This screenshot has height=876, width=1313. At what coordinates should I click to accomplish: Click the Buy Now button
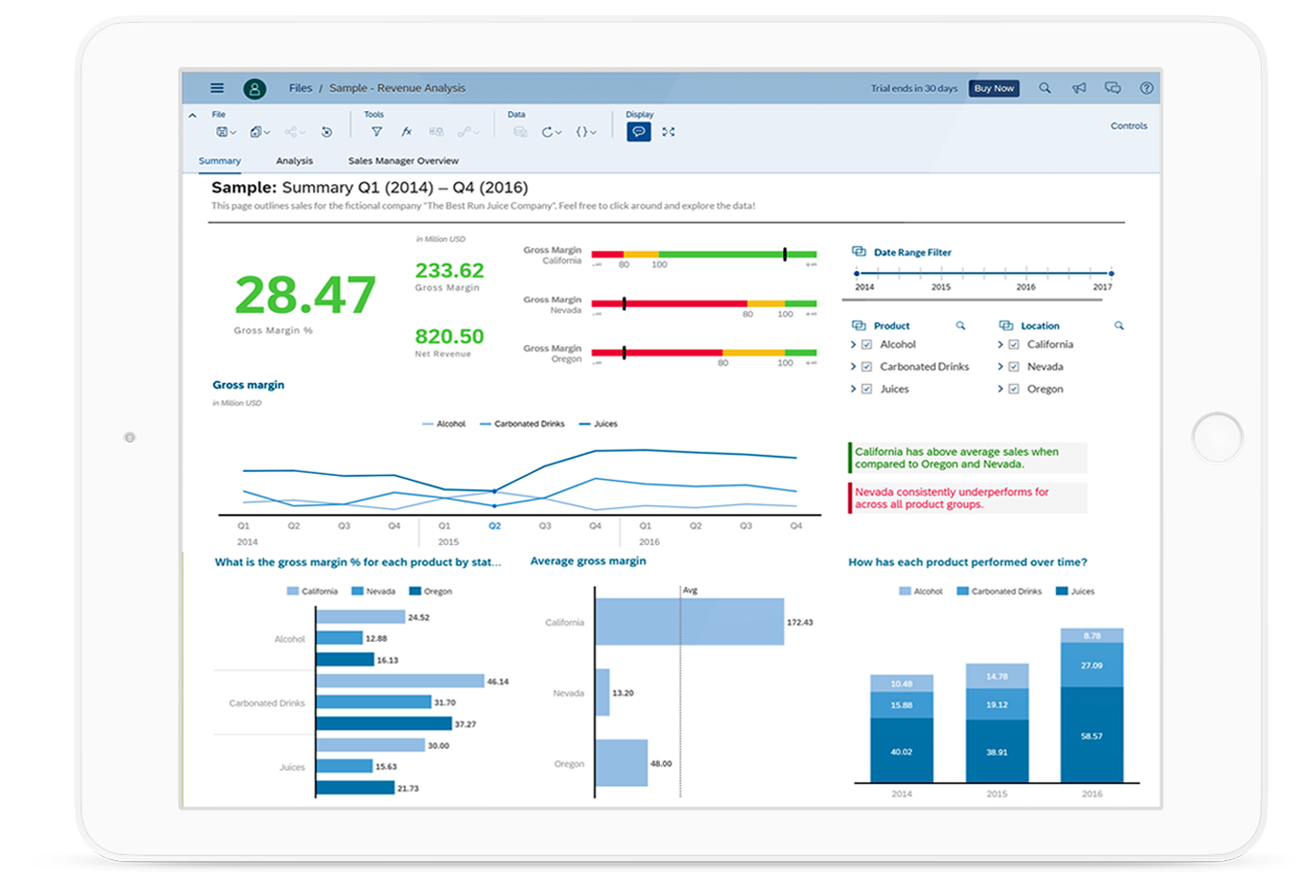[994, 88]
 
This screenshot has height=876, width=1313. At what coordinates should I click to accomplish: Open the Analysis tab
[294, 161]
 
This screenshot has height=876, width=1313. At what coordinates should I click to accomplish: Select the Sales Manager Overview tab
[403, 161]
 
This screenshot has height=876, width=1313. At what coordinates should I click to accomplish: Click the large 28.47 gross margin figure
[304, 295]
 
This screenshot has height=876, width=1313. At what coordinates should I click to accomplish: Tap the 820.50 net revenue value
[448, 337]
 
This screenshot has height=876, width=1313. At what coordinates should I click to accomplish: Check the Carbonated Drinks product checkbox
[866, 367]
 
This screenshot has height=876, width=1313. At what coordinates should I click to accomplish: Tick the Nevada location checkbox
[1013, 367]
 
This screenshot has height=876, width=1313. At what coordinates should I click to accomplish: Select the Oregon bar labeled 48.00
[622, 763]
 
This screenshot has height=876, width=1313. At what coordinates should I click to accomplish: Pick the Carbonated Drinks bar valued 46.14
[399, 681]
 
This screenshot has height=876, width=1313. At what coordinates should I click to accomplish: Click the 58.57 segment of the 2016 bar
[1091, 735]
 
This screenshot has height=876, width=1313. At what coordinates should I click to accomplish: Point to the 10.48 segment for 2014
[902, 683]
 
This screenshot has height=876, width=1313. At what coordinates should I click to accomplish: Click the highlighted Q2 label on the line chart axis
[494, 525]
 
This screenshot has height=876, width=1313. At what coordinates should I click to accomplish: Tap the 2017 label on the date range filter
[1102, 286]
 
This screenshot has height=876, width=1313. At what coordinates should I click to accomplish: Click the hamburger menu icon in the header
[217, 88]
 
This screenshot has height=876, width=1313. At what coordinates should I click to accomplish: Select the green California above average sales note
[967, 458]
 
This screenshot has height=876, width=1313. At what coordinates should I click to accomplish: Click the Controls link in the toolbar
[1128, 126]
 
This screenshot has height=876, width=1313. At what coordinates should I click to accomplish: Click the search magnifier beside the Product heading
[960, 325]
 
